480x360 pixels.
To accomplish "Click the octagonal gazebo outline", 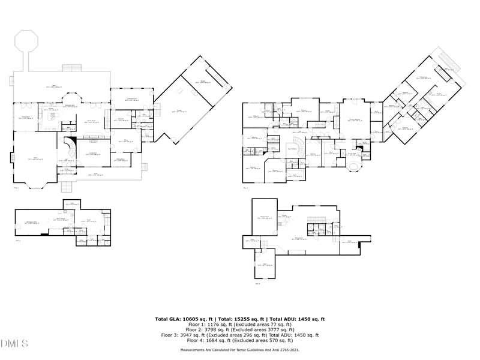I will pyautogui.click(x=27, y=41).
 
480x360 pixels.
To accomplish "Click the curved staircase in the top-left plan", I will pyautogui.click(x=69, y=148).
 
